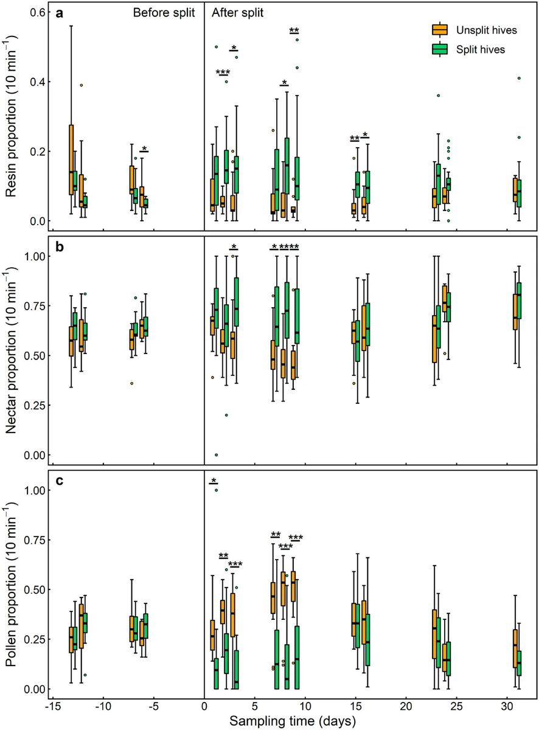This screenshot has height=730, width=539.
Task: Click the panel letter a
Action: point(58,13)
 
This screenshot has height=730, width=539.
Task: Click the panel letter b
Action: point(58,248)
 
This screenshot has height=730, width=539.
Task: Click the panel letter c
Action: point(58,482)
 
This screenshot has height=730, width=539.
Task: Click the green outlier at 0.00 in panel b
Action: point(216,454)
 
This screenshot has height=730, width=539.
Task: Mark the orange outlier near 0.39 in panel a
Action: point(82,85)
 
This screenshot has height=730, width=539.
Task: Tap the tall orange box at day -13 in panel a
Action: point(71,159)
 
